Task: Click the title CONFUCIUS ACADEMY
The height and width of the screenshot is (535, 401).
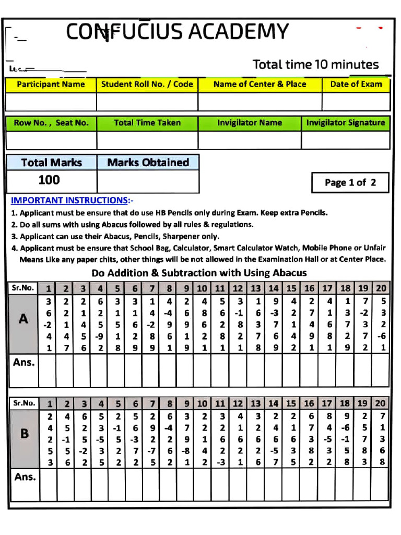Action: pos(177,32)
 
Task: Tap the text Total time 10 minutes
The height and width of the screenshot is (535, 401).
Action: pos(315,65)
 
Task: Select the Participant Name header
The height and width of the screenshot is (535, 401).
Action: pos(51,84)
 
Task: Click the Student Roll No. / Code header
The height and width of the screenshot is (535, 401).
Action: pos(147,84)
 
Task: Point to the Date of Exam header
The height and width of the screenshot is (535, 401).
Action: pos(356,84)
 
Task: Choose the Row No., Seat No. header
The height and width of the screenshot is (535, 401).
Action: pos(51,123)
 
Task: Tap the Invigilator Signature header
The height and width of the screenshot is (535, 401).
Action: pos(345,123)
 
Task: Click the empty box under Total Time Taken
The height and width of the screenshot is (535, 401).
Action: pos(147,140)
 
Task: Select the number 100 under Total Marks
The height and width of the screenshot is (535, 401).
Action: pos(50,180)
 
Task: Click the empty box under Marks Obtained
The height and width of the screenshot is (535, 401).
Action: pos(148,181)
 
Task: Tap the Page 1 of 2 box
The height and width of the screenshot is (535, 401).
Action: pos(350,182)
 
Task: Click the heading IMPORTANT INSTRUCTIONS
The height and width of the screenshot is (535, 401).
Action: pos(72,201)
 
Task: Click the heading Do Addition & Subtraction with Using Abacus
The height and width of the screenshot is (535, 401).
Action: pos(199,273)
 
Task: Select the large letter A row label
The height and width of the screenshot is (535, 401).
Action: pos(23,319)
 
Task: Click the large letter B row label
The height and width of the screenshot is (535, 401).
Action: pos(23,433)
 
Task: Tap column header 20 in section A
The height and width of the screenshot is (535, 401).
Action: pos(381,288)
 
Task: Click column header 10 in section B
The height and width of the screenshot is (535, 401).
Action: pos(203,403)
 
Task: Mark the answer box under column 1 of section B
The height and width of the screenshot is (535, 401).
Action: pos(49,484)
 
